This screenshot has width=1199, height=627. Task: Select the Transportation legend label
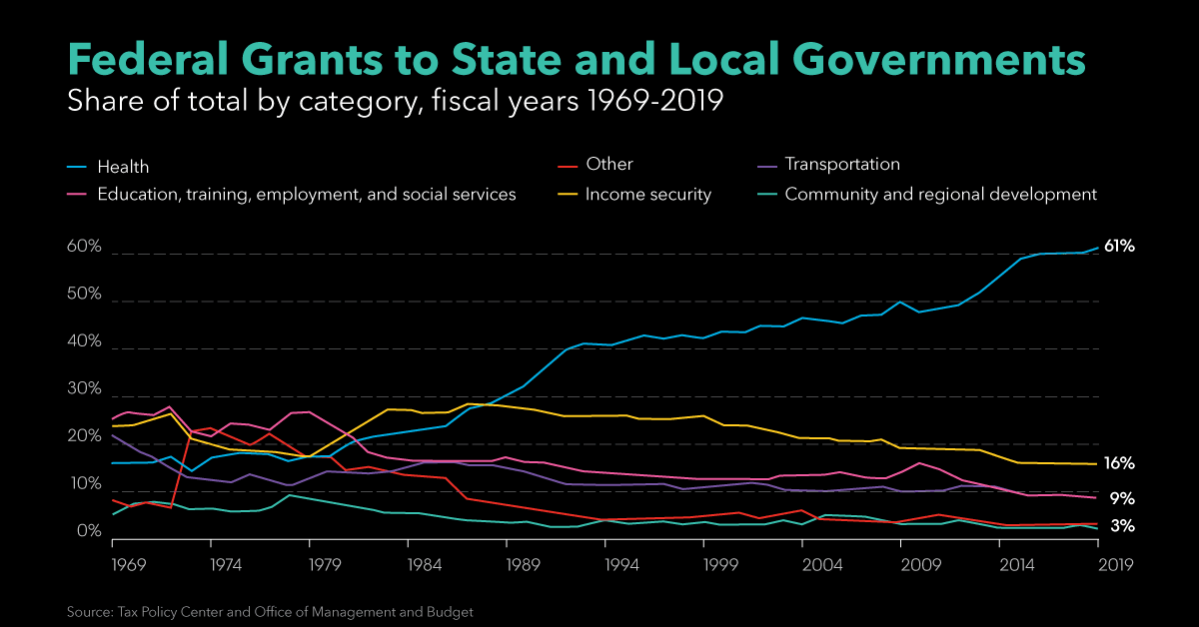pyautogui.click(x=842, y=164)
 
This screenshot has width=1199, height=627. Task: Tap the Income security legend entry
pyautogui.click(x=647, y=195)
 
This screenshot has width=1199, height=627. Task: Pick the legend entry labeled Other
pyautogui.click(x=609, y=164)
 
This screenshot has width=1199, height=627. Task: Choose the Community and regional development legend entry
pyautogui.click(x=940, y=195)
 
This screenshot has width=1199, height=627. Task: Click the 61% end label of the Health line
pyautogui.click(x=1119, y=246)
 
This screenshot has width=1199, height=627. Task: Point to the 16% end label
pyautogui.click(x=1119, y=464)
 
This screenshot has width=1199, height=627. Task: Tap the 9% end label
pyautogui.click(x=1121, y=498)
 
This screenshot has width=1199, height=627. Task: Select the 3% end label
pyautogui.click(x=1121, y=526)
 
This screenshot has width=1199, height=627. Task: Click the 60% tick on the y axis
pyautogui.click(x=84, y=247)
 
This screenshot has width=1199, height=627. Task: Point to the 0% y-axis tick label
pyautogui.click(x=89, y=532)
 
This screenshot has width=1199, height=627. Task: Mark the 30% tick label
pyautogui.click(x=84, y=389)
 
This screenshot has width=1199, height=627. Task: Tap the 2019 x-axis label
pyautogui.click(x=1098, y=563)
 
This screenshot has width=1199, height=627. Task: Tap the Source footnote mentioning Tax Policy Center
pyautogui.click(x=270, y=610)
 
